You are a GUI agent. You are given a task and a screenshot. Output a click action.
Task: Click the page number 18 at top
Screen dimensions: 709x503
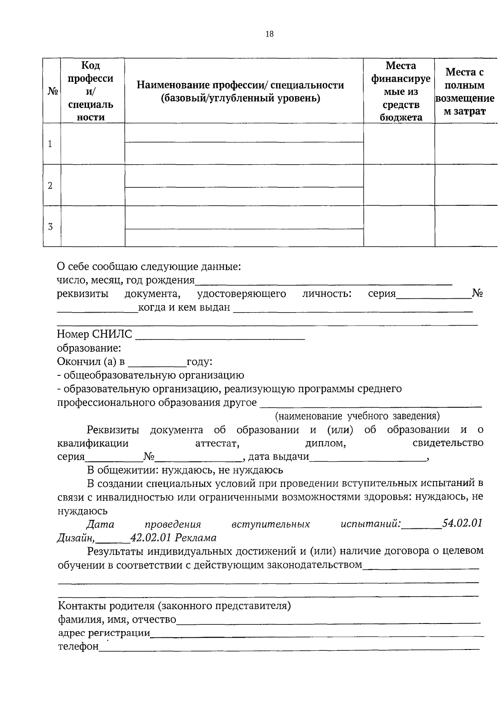[x=269, y=34]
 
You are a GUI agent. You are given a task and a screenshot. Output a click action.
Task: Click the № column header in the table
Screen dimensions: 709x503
[x=52, y=91]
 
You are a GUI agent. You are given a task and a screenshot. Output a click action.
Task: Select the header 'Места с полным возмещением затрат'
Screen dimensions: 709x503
[x=464, y=91]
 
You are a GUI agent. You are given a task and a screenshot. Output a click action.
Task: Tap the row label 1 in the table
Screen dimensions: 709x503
[x=50, y=144]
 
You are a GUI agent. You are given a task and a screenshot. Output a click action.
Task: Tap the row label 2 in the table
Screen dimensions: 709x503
[x=50, y=185]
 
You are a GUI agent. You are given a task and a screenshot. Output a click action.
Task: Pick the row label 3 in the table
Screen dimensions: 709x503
[x=50, y=227]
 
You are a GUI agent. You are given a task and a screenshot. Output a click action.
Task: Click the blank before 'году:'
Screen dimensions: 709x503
[x=157, y=363]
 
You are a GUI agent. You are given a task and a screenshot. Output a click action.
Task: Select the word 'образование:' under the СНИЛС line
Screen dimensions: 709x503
[x=89, y=348]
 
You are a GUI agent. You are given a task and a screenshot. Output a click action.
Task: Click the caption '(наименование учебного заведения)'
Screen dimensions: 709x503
[x=357, y=416]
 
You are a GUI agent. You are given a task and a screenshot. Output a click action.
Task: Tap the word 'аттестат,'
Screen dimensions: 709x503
[x=217, y=443]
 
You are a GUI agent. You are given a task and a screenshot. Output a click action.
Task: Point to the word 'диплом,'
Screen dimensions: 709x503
[x=325, y=443]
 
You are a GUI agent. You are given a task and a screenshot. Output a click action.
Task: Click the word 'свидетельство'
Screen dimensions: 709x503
[x=448, y=443]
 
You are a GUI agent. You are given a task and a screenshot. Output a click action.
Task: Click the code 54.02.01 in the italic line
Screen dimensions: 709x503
[x=462, y=524]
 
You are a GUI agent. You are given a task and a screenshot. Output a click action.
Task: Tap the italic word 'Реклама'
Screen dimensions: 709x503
[x=195, y=538]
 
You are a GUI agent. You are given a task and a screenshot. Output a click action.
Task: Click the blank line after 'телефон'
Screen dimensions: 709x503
[x=289, y=648]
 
